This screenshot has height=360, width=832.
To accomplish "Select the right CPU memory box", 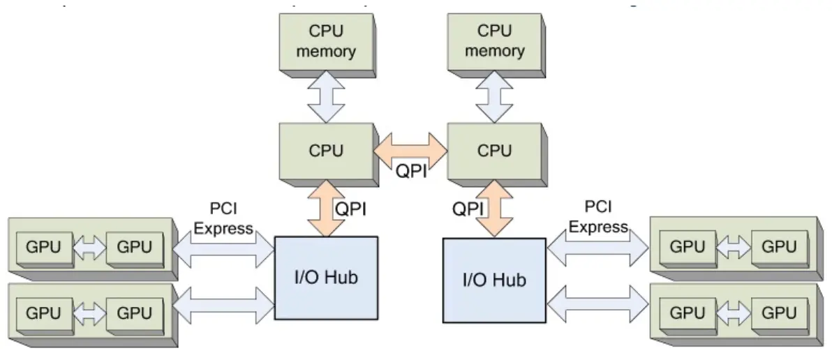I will [x=494, y=42].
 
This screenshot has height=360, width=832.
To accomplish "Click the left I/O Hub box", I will [x=326, y=278].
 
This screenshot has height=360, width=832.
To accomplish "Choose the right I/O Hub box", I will [x=494, y=280].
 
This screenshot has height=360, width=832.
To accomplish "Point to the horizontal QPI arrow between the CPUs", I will [x=410, y=149].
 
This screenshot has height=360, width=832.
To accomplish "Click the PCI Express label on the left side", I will [x=223, y=218].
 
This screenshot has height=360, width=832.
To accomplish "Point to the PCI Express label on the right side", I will [x=598, y=217].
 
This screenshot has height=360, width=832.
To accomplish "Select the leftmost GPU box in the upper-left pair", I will [x=43, y=246].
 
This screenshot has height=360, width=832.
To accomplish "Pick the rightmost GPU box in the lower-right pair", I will [x=779, y=313].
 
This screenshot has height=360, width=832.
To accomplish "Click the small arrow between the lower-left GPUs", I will [x=89, y=313].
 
